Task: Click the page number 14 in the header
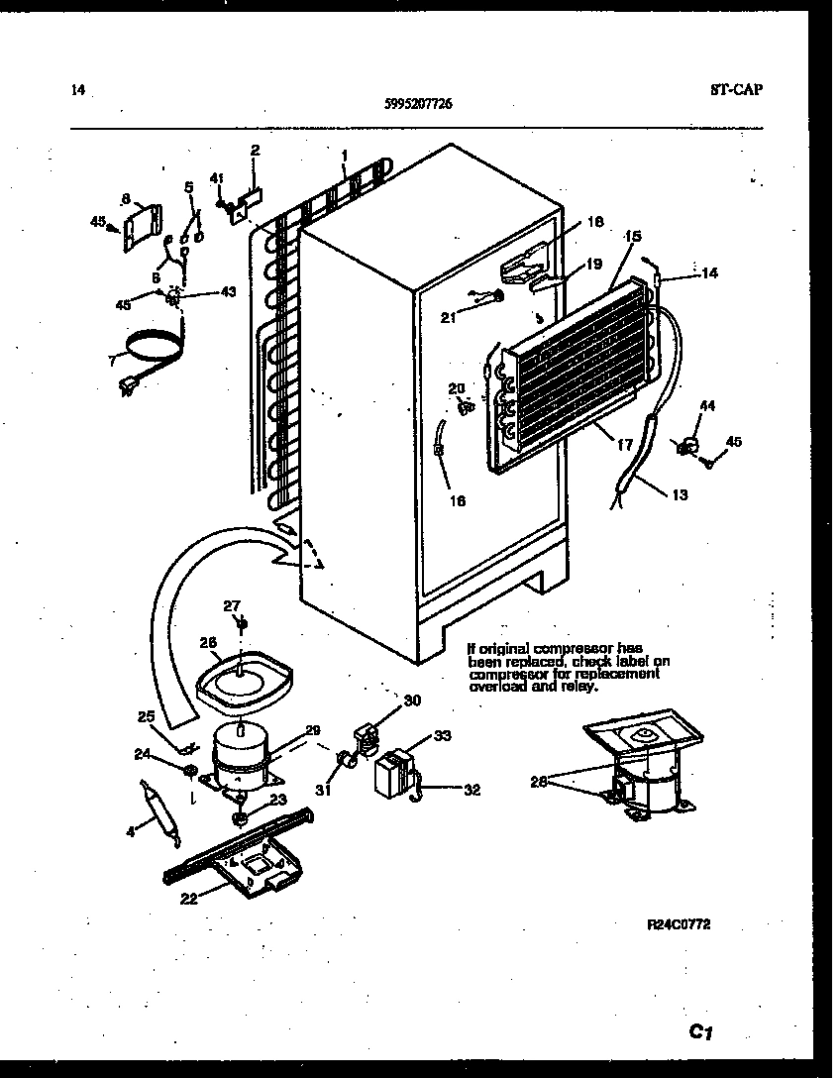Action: coord(78,90)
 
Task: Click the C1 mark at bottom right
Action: coord(701,1032)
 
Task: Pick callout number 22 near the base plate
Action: coord(187,898)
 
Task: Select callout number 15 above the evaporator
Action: coord(633,237)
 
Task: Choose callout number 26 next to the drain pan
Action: coord(208,642)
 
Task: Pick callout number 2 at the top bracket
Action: coord(255,150)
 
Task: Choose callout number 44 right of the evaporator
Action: coord(707,406)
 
